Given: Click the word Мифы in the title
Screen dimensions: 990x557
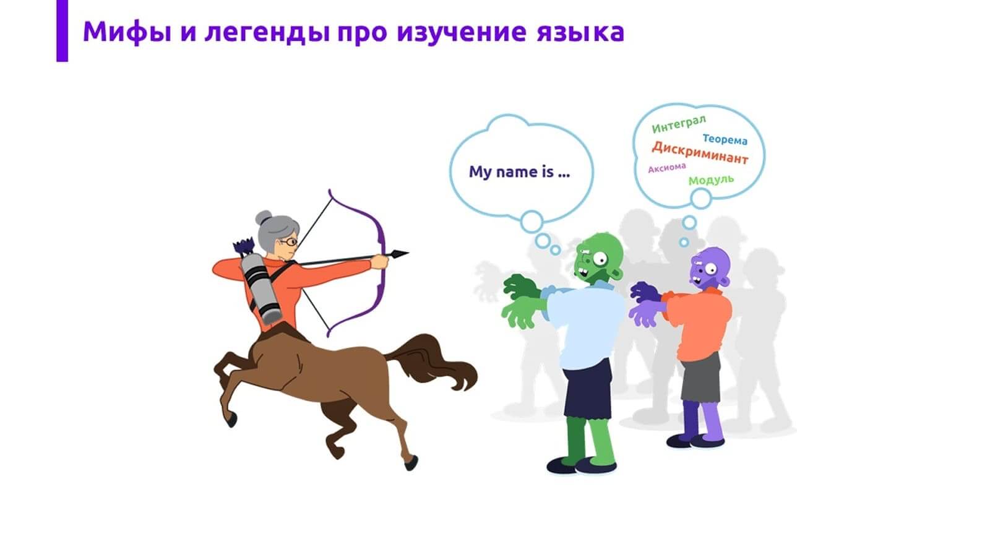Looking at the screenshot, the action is click(127, 32).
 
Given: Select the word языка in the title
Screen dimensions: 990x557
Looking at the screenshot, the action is click(581, 32).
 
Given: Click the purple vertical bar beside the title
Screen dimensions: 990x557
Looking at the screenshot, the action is click(62, 30).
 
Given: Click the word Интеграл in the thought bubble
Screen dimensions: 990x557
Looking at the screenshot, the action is click(679, 124).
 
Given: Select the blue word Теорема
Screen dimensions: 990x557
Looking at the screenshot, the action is click(725, 139).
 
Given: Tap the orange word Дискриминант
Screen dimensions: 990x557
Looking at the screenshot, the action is click(700, 152).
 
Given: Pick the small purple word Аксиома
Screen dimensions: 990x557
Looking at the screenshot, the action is click(667, 168).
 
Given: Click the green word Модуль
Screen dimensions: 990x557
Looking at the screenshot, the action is click(711, 180).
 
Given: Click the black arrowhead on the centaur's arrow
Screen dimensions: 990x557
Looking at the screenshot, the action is click(400, 254).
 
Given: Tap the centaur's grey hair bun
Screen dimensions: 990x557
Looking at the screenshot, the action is click(264, 217).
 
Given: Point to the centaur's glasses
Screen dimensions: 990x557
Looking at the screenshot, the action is click(288, 242).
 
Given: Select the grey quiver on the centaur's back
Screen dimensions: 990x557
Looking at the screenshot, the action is click(260, 288).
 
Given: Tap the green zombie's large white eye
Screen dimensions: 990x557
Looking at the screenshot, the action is click(600, 259).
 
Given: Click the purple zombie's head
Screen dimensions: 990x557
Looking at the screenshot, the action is click(710, 269).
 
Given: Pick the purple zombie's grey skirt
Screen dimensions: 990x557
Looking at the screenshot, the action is click(701, 378).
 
